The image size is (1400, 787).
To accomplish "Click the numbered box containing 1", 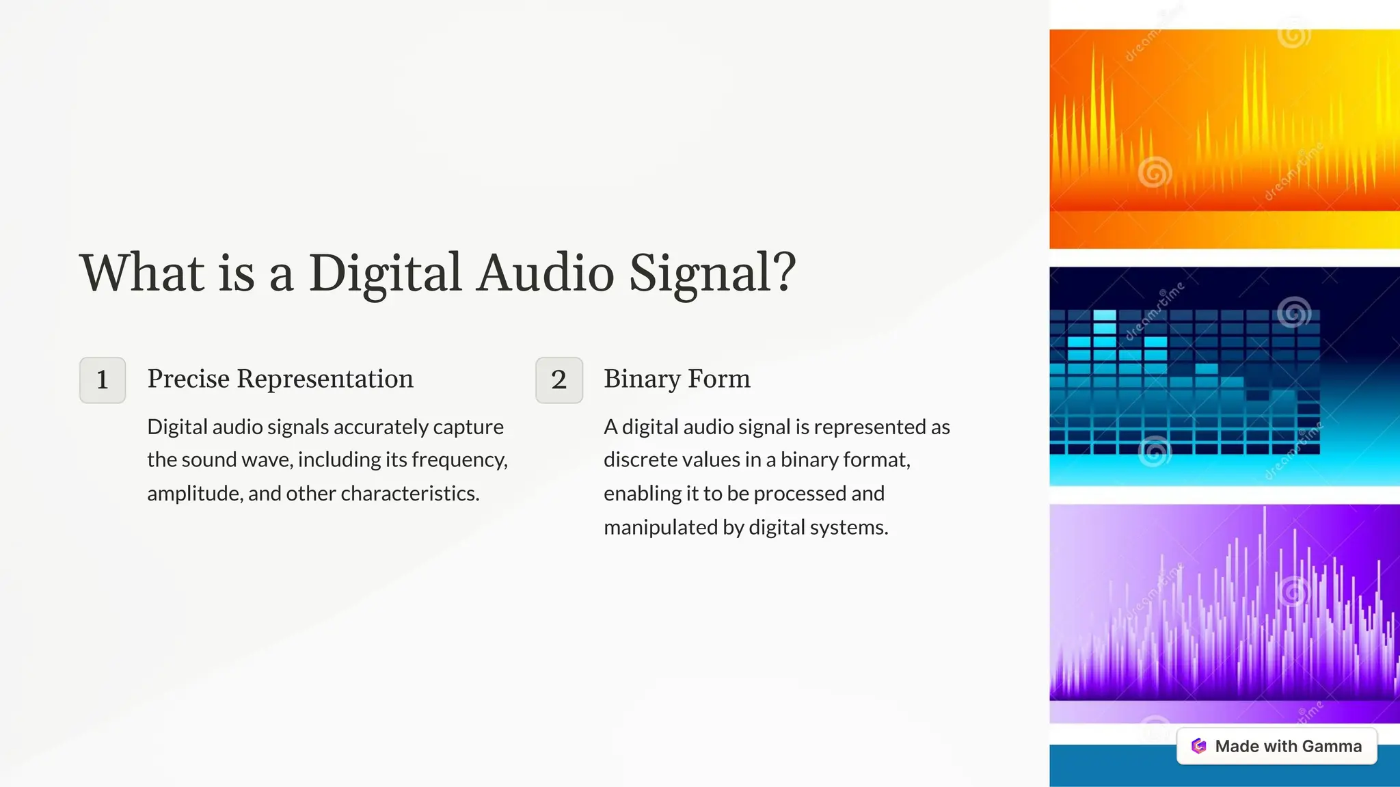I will pyautogui.click(x=103, y=380).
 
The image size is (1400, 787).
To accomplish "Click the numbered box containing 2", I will pyautogui.click(x=559, y=380).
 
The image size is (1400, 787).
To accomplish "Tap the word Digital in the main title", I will pyautogui.click(x=385, y=273).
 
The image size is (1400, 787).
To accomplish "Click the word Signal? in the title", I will pyautogui.click(x=712, y=273).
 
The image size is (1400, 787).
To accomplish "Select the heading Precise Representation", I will pyautogui.click(x=280, y=379).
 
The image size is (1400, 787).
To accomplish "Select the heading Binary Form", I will pyautogui.click(x=677, y=379).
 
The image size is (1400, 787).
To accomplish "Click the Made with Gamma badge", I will pyautogui.click(x=1276, y=746).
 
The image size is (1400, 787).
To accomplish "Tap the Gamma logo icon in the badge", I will pyautogui.click(x=1198, y=746).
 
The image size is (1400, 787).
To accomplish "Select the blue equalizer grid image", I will pyautogui.click(x=1224, y=376).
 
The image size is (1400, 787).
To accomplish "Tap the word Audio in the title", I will pyautogui.click(x=545, y=273).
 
